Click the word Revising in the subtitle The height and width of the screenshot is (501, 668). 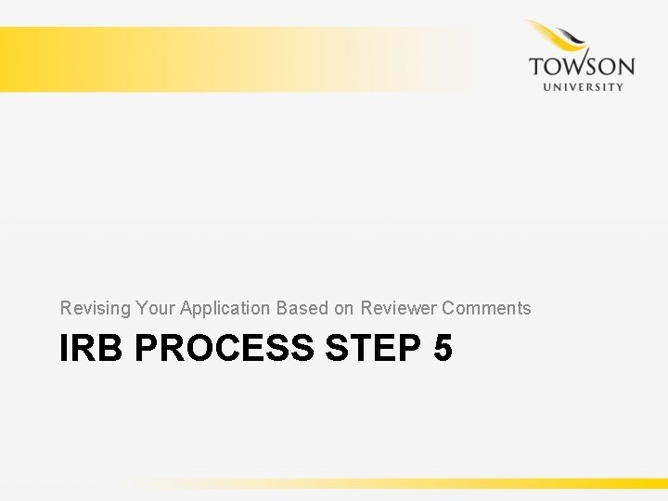point(95,308)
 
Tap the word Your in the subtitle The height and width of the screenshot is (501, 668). point(155,308)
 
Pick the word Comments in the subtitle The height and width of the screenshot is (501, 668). point(487,308)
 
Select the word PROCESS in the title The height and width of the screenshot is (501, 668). point(224,349)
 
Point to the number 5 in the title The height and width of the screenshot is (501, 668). point(442,349)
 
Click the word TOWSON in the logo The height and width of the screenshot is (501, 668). point(582,67)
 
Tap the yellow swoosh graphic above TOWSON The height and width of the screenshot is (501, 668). point(559,37)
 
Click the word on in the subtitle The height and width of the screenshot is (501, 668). point(344,308)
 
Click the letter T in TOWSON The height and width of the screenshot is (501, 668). point(536,67)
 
